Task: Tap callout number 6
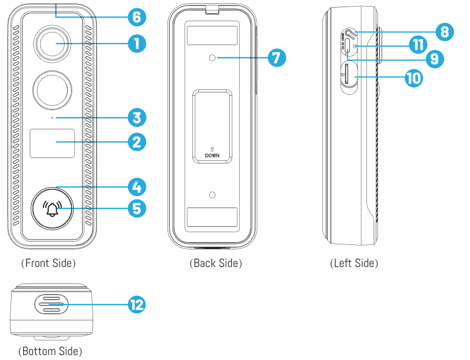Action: (x=136, y=17)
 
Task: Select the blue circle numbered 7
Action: (x=277, y=57)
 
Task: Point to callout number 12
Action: (x=136, y=304)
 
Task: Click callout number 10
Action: (x=413, y=78)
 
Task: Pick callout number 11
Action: (x=418, y=44)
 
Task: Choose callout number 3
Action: (x=136, y=117)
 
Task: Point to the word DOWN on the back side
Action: (x=212, y=156)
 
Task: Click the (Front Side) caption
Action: (x=48, y=263)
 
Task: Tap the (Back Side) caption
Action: (x=215, y=263)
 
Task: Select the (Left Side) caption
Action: (x=354, y=263)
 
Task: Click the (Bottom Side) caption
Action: (x=50, y=351)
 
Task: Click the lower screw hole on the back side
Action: (x=213, y=195)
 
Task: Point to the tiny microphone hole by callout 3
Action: (x=52, y=117)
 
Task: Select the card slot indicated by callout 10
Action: (x=348, y=77)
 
